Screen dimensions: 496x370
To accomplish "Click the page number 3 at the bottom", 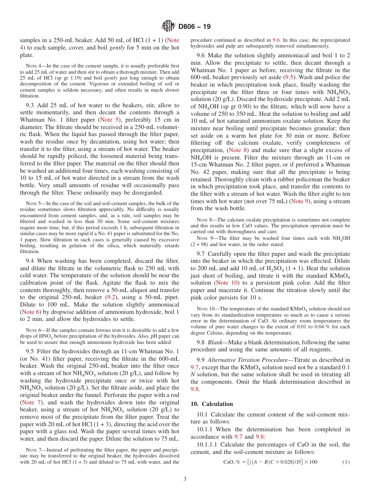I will click(x=185, y=479).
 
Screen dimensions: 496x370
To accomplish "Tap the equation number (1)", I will click(x=345, y=462).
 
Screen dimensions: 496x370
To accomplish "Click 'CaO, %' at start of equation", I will click(x=231, y=462).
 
